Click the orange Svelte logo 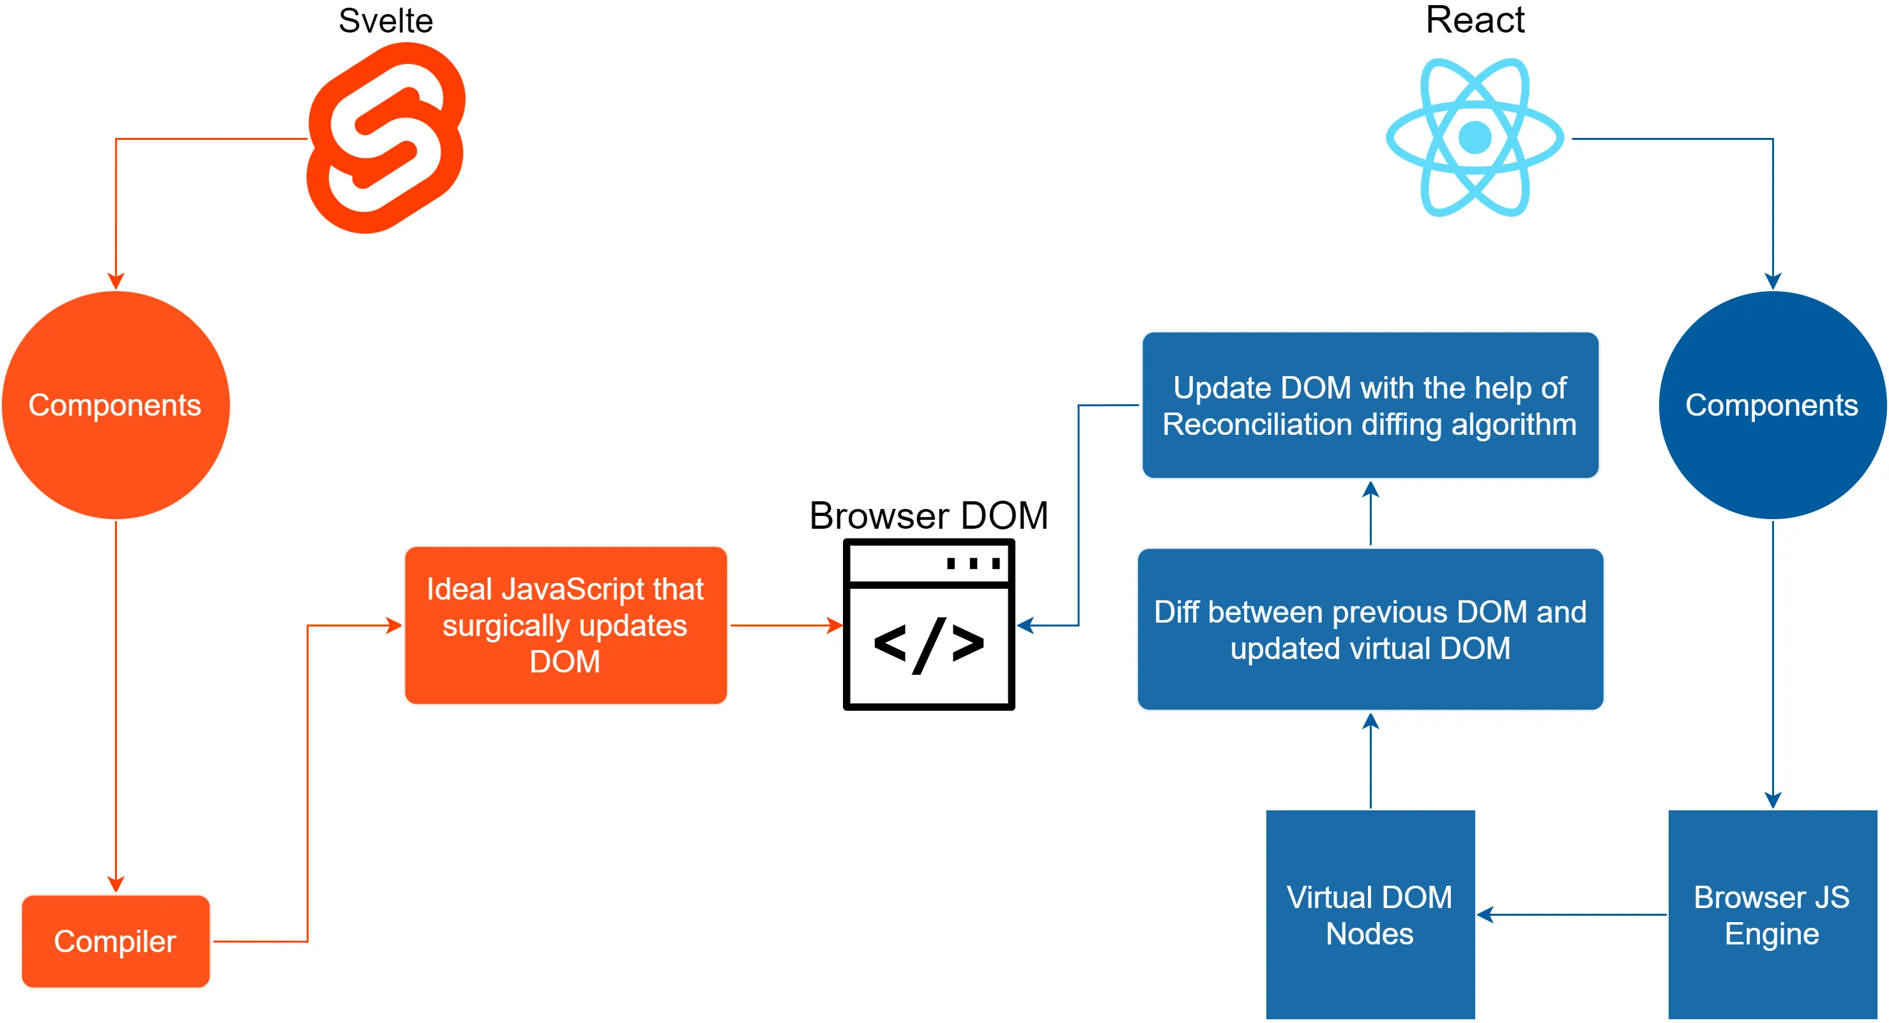(386, 138)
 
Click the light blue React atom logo (1475, 137)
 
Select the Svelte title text (386, 20)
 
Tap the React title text (1475, 20)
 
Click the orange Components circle (116, 405)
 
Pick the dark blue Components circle (1771, 405)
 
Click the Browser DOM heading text (929, 515)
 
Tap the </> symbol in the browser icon (929, 646)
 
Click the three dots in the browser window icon (973, 563)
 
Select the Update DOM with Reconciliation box (1370, 405)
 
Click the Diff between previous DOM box (1370, 629)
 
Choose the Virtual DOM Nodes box (1370, 914)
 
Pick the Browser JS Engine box (1771, 914)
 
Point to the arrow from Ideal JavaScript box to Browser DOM (785, 626)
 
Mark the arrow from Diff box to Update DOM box (1370, 513)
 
